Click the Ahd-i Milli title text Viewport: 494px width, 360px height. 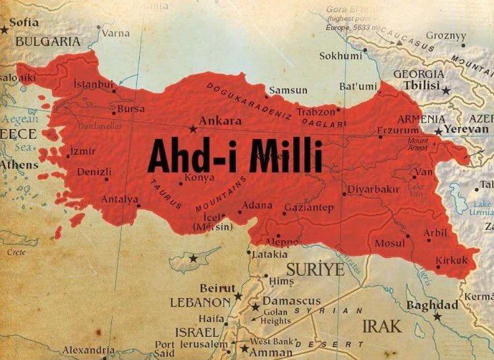click(234, 158)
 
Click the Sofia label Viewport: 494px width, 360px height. click(24, 22)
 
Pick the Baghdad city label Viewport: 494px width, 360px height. click(431, 305)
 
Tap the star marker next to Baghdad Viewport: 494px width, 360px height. click(437, 317)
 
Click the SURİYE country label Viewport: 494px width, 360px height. click(316, 269)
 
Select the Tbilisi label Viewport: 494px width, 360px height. click(418, 88)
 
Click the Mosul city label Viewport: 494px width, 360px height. click(389, 244)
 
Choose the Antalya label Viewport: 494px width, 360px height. click(119, 199)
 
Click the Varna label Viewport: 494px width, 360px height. click(116, 33)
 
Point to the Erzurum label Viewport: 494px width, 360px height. click(397, 130)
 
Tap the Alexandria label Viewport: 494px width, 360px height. click(89, 350)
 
